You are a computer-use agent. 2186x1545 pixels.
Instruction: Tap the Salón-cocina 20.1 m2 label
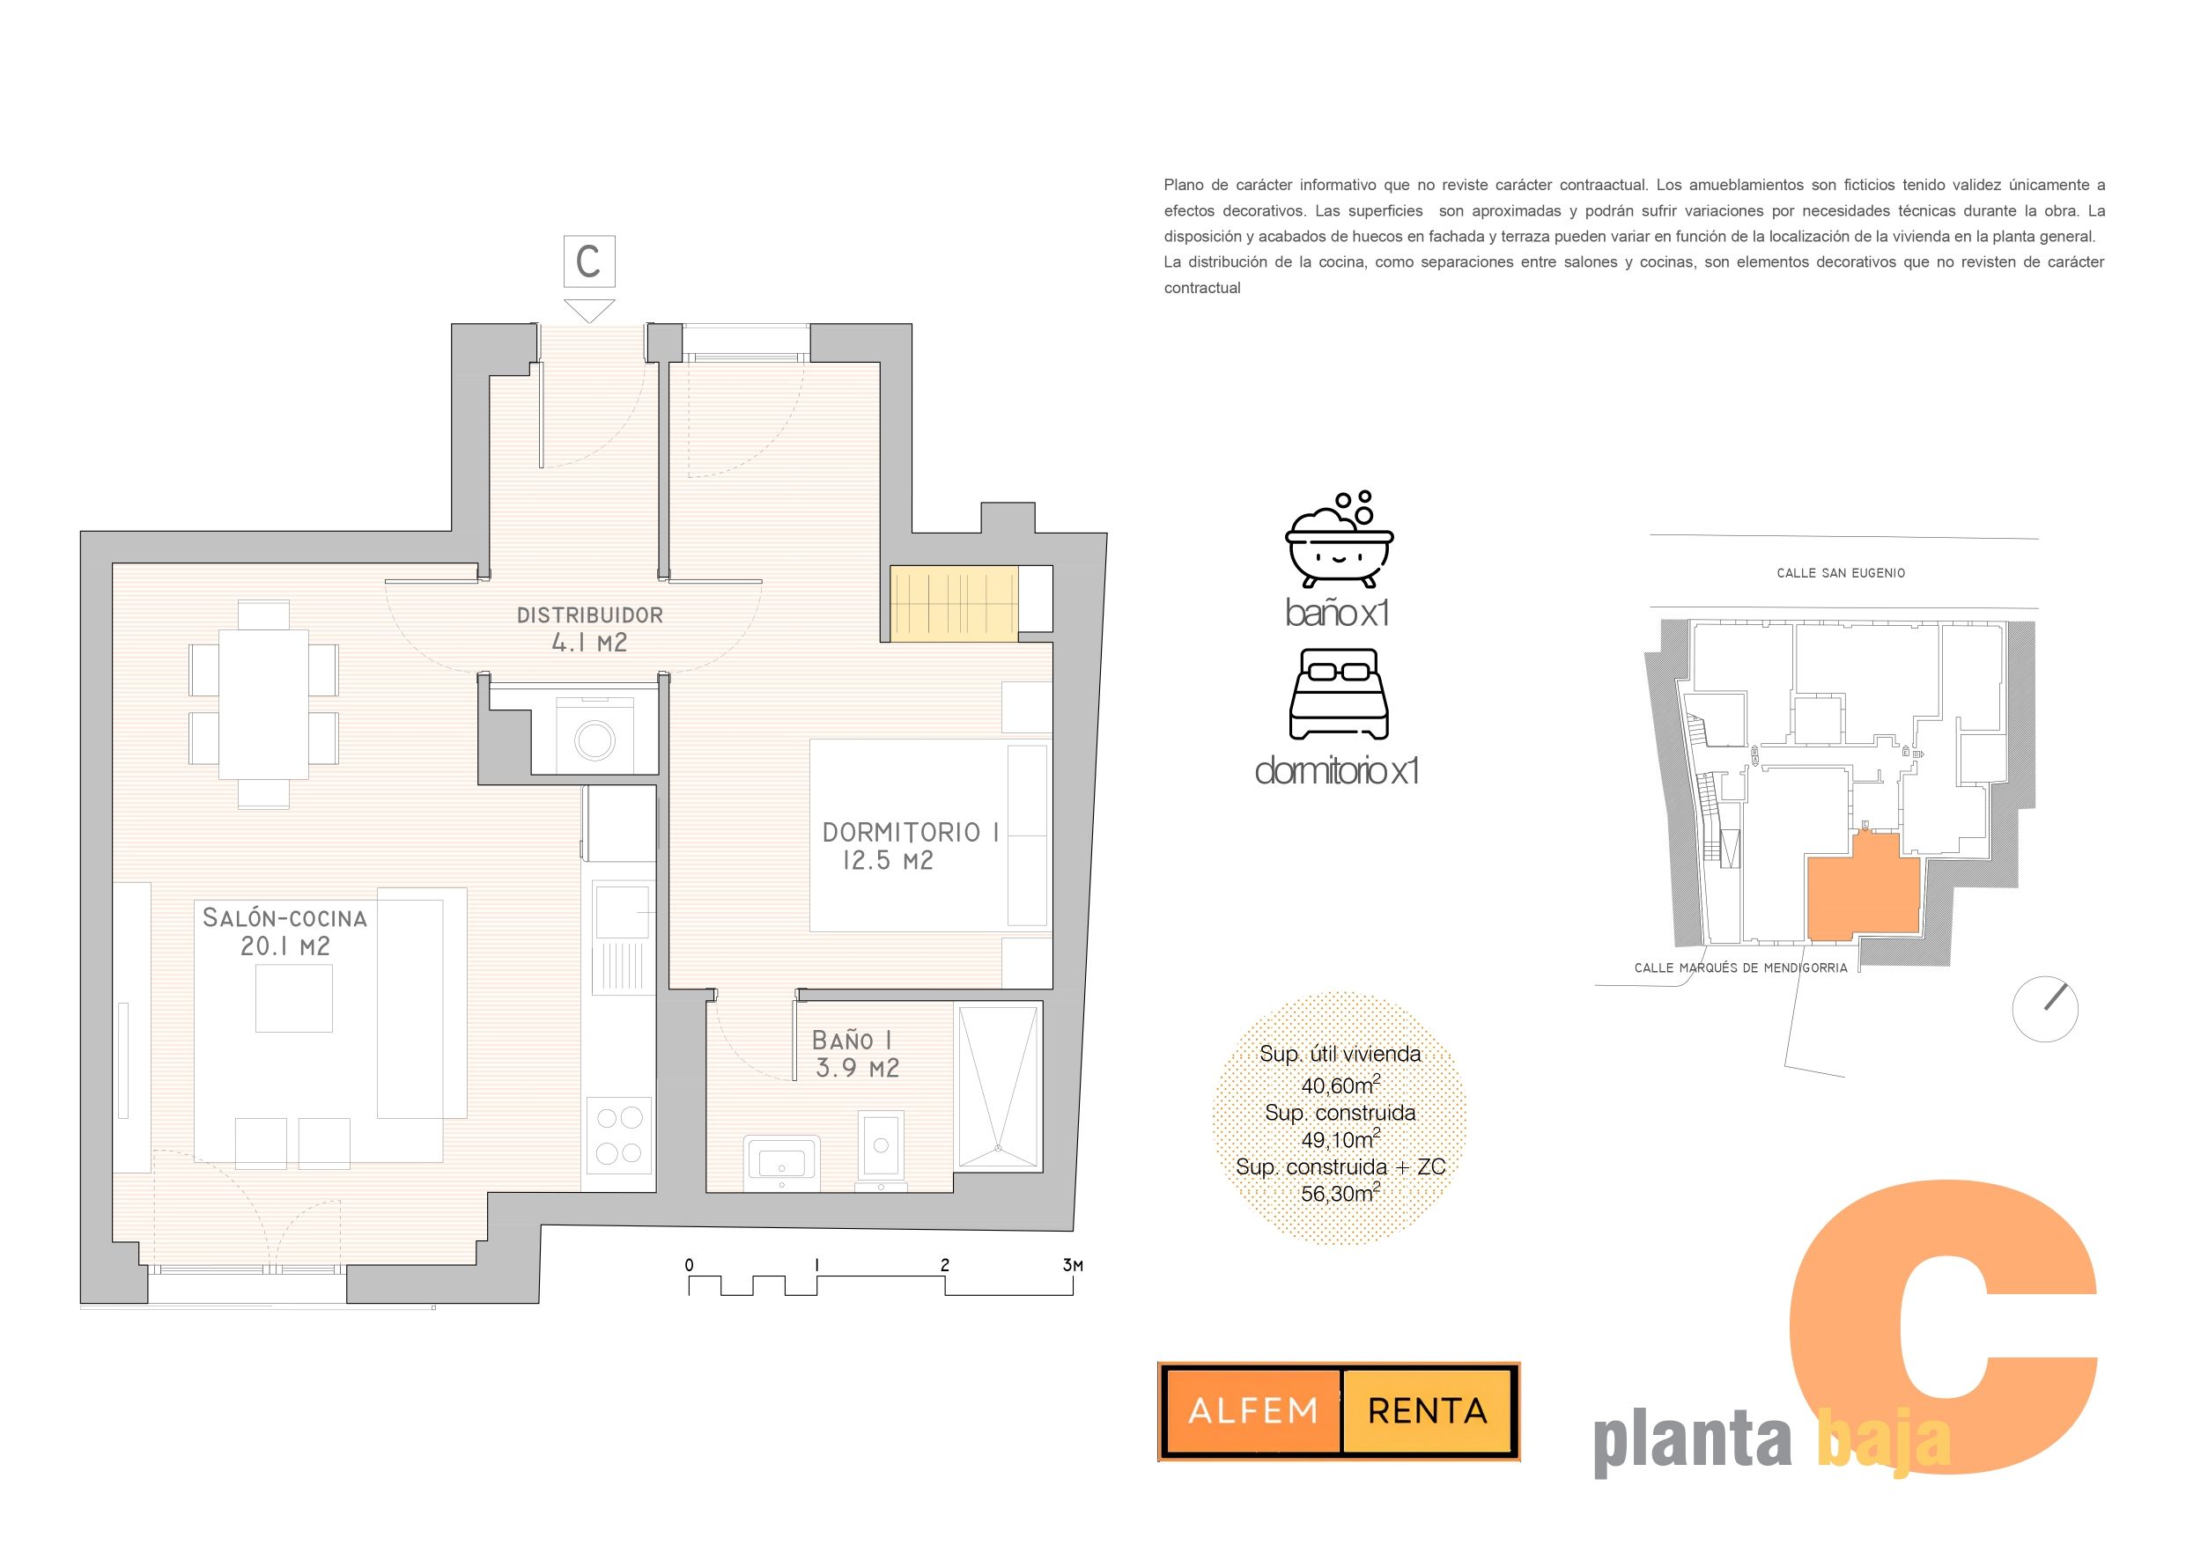284,932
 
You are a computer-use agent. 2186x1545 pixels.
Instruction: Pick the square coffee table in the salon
293,998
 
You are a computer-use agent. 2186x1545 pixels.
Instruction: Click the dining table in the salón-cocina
262,703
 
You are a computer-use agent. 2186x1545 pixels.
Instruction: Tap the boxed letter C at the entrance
588,261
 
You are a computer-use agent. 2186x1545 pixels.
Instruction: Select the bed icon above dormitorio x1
1339,695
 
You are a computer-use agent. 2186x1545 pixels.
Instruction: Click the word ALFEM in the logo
1253,1411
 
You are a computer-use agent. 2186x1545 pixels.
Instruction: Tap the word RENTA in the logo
1427,1411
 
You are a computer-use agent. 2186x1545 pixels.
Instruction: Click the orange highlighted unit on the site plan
1861,887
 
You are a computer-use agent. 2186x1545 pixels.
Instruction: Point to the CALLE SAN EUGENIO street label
1841,573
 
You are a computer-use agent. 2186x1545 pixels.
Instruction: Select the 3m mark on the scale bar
1073,1265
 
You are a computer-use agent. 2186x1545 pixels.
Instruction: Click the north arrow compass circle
2045,1009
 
